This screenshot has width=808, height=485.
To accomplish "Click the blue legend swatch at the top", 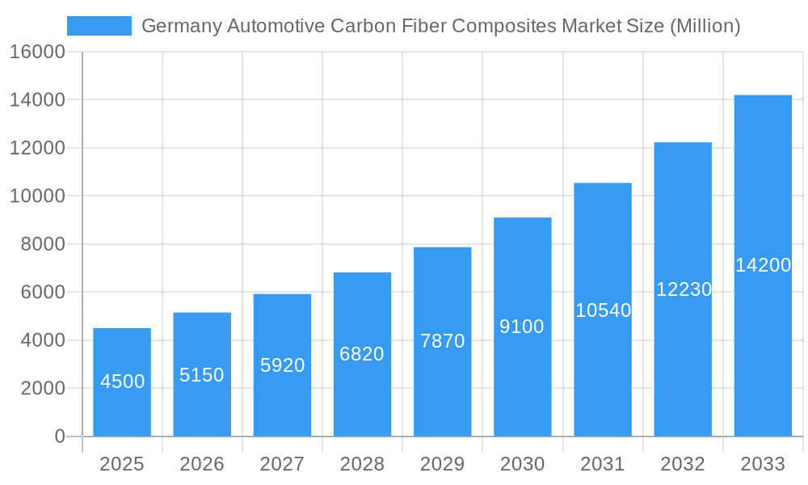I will tap(99, 26).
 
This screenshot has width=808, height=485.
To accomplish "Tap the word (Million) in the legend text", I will tap(705, 26).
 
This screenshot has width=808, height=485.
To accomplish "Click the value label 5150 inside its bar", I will tap(202, 375).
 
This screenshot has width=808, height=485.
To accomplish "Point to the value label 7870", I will tap(442, 341).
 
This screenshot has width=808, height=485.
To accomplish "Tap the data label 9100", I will tap(522, 327).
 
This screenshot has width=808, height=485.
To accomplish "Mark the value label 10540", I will tap(603, 310).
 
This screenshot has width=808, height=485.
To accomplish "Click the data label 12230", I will tap(683, 289).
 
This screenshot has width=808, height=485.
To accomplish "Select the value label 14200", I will tap(763, 265).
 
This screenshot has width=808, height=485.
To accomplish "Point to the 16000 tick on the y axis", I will tap(36, 52).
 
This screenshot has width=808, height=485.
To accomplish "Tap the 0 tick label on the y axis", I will tap(59, 436).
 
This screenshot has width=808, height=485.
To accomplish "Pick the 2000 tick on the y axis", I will tap(43, 389).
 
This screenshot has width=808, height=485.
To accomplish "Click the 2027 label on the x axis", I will tap(282, 464).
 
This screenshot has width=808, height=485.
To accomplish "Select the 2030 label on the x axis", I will tap(522, 464).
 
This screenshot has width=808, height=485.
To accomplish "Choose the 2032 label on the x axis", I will tap(683, 464).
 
